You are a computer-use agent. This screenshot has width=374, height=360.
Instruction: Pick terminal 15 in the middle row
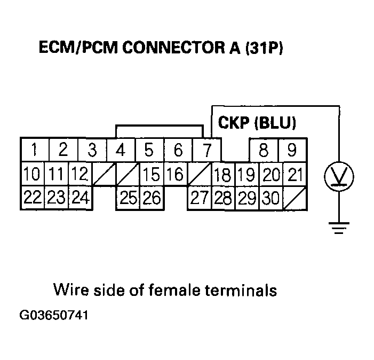click(x=152, y=174)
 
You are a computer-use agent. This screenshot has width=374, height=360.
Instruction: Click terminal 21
click(x=295, y=174)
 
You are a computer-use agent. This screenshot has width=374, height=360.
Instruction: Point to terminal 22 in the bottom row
click(x=32, y=198)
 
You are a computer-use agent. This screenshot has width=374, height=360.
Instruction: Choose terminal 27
click(x=199, y=198)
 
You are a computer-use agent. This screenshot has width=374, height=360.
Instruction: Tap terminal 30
click(x=271, y=198)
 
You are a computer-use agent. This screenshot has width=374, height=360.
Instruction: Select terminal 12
click(x=79, y=174)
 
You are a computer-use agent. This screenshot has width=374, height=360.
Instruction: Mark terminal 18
click(x=223, y=174)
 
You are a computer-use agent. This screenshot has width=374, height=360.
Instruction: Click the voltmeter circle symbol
click(x=337, y=175)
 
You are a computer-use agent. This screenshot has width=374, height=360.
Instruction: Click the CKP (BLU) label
click(x=257, y=123)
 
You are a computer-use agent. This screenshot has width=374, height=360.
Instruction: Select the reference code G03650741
click(x=54, y=315)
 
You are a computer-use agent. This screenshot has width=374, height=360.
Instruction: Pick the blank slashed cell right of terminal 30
click(x=295, y=198)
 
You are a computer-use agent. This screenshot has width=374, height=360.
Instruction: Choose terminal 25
click(x=129, y=198)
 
